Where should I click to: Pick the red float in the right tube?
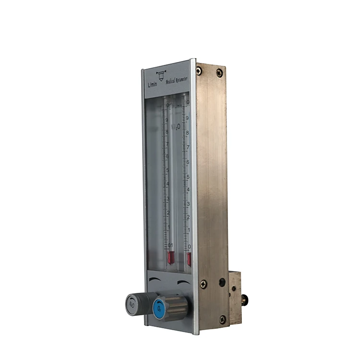(189, 259)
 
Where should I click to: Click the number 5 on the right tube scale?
(188, 177)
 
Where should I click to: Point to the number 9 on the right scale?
(187, 117)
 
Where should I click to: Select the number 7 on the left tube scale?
(168, 144)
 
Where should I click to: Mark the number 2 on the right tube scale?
(189, 217)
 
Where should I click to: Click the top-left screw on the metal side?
(199, 71)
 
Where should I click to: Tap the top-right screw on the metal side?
(219, 72)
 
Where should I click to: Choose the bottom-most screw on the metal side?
(222, 318)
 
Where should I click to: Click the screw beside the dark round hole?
(204, 284)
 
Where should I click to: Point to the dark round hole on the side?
(222, 282)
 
